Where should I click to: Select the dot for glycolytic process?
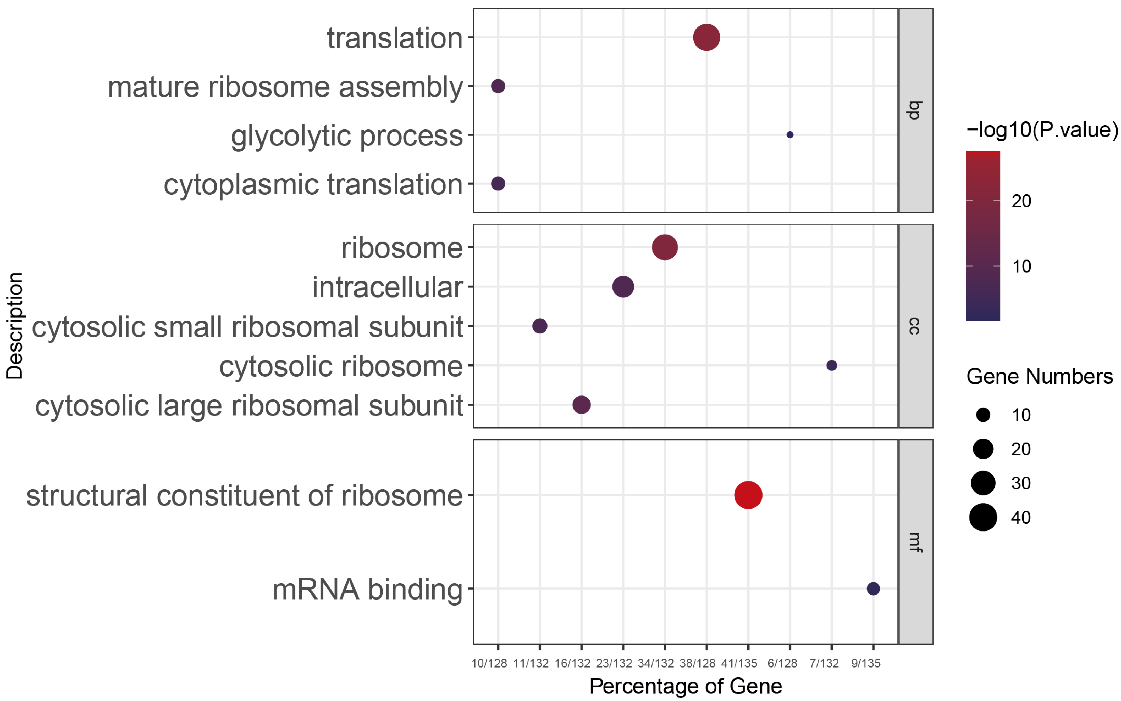click(x=790, y=135)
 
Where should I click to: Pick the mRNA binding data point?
click(x=873, y=589)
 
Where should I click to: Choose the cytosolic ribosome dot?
click(x=831, y=365)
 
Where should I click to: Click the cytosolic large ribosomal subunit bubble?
click(x=581, y=405)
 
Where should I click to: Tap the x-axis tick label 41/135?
click(x=739, y=663)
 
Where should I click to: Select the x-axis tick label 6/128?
click(x=782, y=663)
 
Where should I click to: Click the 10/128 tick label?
click(x=489, y=663)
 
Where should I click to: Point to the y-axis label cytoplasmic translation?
click(x=313, y=184)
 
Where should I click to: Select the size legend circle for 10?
click(x=983, y=415)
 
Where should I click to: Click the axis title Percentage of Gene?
click(x=685, y=686)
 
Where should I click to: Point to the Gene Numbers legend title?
click(x=1039, y=376)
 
